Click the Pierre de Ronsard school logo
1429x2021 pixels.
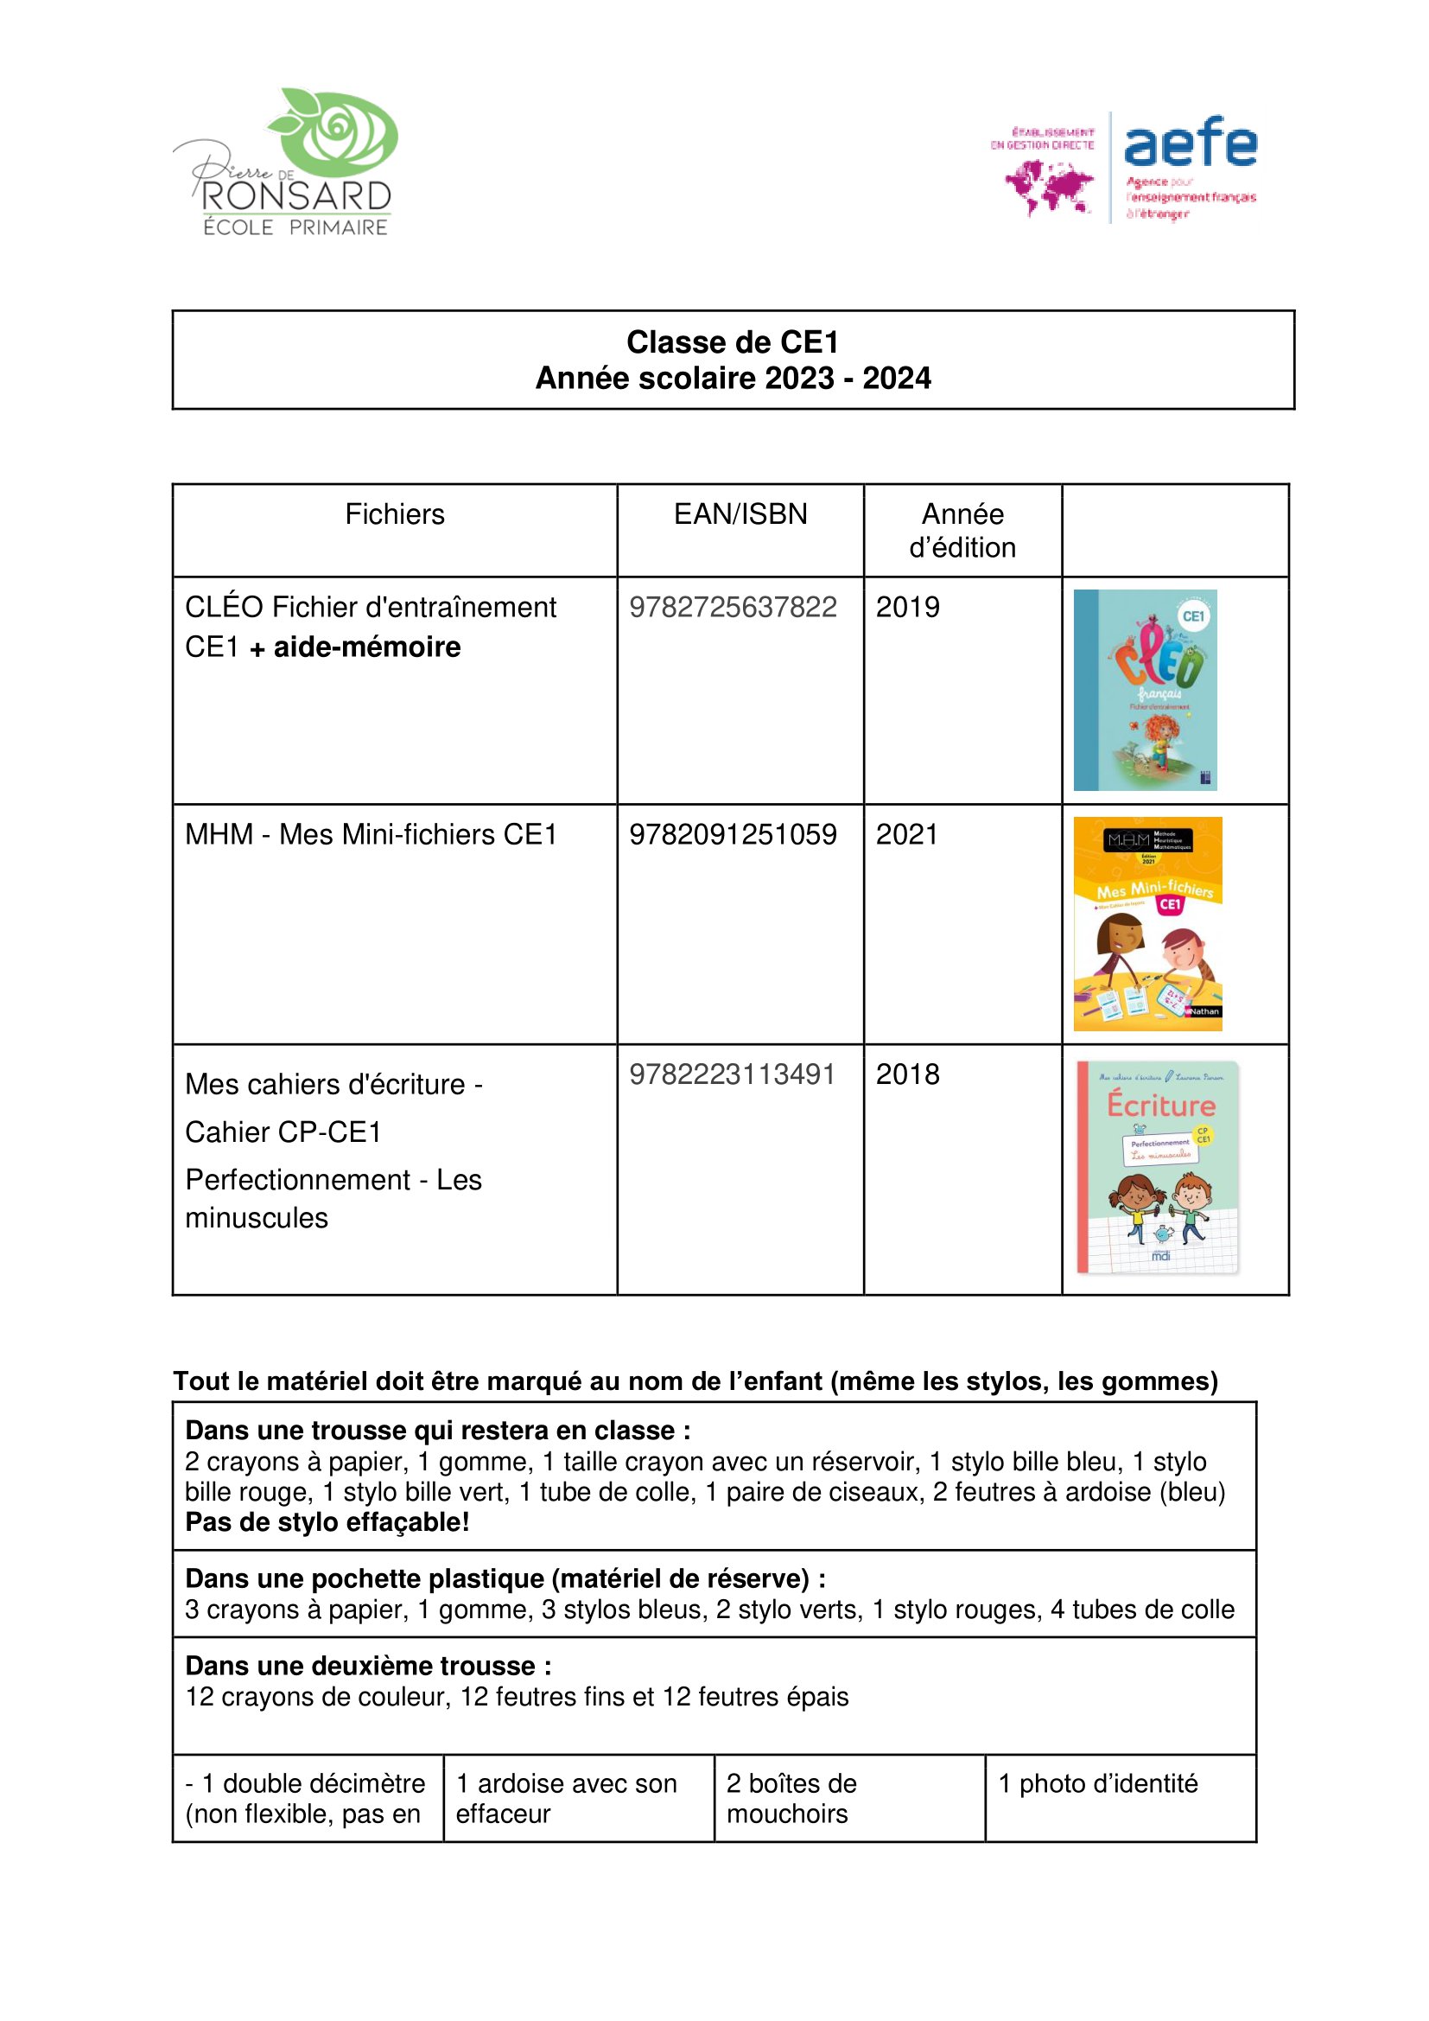point(286,162)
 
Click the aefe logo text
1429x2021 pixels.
point(1190,143)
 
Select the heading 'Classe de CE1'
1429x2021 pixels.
point(732,341)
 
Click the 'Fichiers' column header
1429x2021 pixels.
point(394,514)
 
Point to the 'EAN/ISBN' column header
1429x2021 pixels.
point(740,514)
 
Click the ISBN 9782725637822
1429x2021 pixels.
point(732,608)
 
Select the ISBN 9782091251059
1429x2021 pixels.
point(732,834)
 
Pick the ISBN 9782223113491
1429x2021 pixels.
point(732,1074)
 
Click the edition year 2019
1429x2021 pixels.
point(907,608)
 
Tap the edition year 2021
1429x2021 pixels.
point(906,834)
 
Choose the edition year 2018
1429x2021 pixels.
point(907,1074)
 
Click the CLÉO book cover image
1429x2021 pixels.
point(1145,690)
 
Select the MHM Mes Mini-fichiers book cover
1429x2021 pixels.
point(1147,923)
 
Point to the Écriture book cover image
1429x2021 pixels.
point(1157,1167)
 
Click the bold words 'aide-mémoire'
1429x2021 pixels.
point(367,647)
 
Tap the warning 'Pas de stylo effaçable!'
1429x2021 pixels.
point(327,1522)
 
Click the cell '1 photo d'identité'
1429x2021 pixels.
point(1097,1783)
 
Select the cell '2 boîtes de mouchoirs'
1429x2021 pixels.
point(791,1798)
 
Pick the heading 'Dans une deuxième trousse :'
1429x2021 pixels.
point(369,1667)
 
